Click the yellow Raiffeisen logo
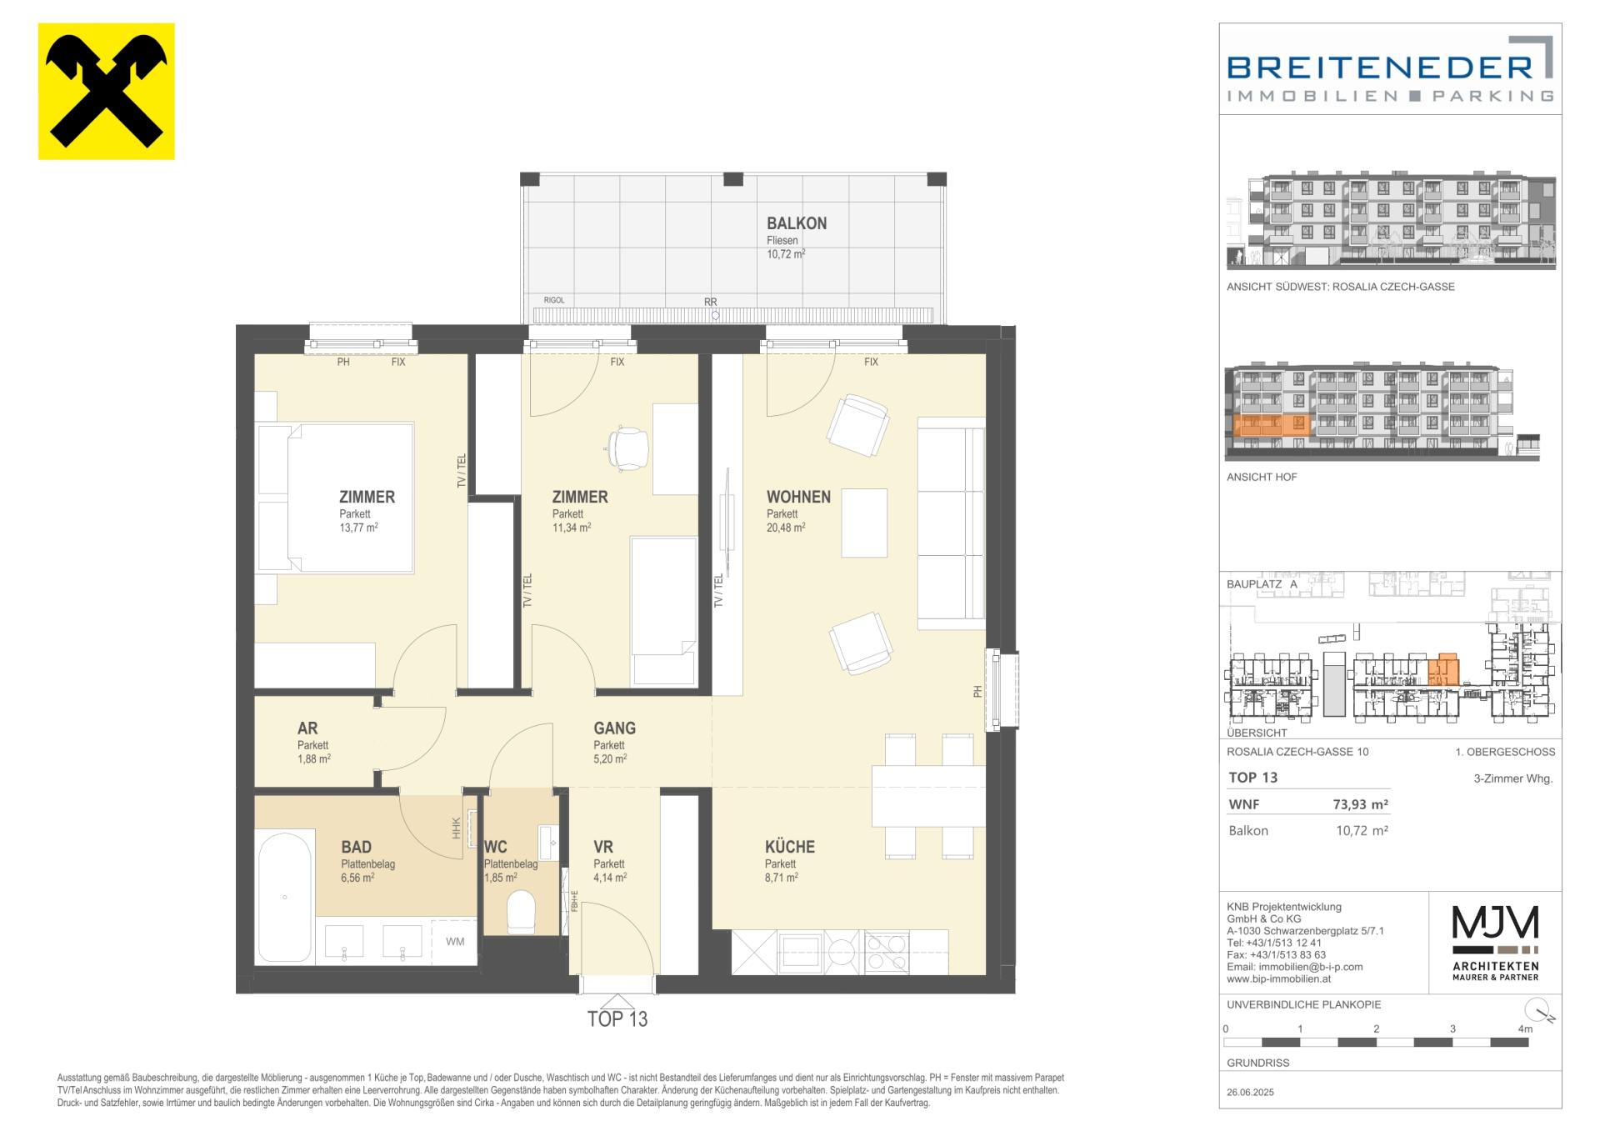[x=107, y=92]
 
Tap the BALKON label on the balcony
[x=797, y=223]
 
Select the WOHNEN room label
[x=798, y=497]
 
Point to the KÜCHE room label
[x=790, y=847]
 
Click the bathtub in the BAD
[x=285, y=897]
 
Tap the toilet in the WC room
[x=522, y=912]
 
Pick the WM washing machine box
[x=455, y=942]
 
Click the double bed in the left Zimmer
[x=336, y=498]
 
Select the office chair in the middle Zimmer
[x=628, y=447]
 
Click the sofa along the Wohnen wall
[x=951, y=523]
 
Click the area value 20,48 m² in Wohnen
[x=786, y=528]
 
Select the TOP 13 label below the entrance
[x=617, y=1019]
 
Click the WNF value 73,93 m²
[x=1361, y=805]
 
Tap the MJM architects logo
[x=1496, y=943]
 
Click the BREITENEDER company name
[x=1380, y=67]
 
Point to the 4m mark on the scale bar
[x=1525, y=1029]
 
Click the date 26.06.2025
[x=1251, y=1093]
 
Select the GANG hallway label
[x=615, y=728]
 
